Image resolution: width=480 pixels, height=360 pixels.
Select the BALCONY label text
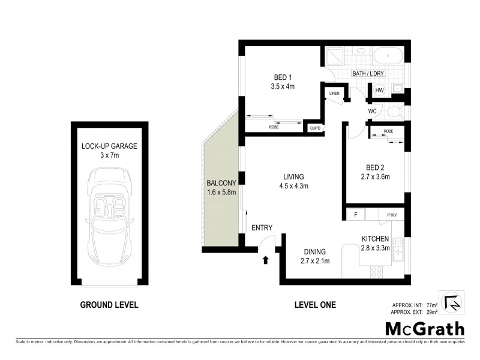click(222, 183)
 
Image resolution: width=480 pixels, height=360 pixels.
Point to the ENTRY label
click(262, 227)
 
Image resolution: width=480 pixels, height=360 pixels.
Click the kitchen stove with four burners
click(377, 271)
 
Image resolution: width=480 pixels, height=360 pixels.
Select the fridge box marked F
click(356, 215)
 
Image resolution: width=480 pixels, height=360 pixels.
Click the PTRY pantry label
click(392, 215)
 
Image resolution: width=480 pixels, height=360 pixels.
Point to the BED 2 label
click(374, 167)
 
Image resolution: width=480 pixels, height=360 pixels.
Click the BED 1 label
click(283, 77)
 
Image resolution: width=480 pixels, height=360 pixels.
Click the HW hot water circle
click(379, 90)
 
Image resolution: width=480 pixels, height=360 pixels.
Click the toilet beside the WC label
click(394, 112)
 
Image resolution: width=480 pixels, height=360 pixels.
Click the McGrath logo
click(424, 328)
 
